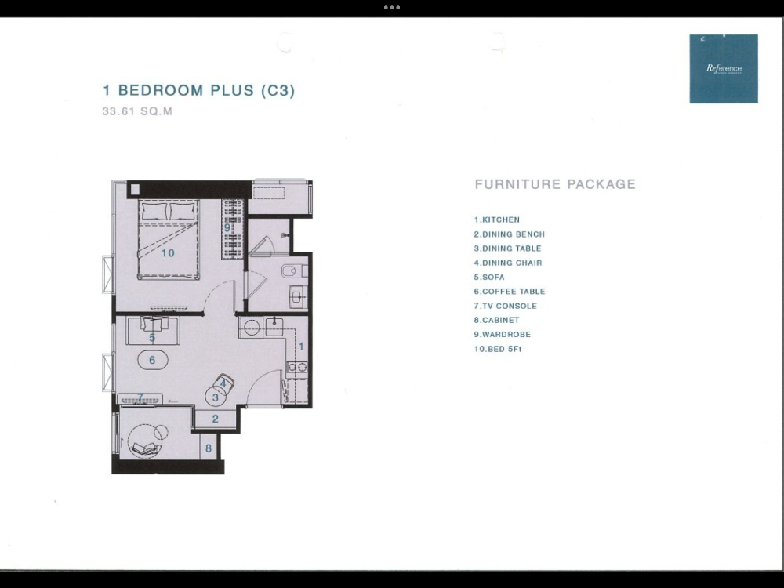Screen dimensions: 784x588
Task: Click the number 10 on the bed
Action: tap(168, 253)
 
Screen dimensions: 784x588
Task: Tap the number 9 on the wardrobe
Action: tap(227, 228)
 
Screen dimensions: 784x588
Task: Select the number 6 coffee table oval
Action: tap(153, 360)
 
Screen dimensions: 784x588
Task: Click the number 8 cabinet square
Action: tap(209, 447)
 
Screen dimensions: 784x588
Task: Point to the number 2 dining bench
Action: tap(215, 419)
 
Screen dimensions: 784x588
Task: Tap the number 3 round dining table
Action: tap(216, 397)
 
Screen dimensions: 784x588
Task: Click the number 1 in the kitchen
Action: tap(301, 347)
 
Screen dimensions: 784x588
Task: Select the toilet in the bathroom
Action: tap(294, 271)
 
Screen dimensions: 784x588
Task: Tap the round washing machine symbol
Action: tap(251, 328)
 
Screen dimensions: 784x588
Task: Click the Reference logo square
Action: tap(724, 68)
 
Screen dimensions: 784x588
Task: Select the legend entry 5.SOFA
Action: tap(489, 277)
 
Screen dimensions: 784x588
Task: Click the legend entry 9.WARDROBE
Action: tap(502, 335)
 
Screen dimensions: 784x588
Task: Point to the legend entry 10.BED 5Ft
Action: tap(498, 349)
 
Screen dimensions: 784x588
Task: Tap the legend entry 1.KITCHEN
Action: tap(497, 220)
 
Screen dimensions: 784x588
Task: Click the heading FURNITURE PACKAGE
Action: tap(555, 184)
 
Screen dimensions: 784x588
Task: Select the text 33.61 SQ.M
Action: tap(137, 111)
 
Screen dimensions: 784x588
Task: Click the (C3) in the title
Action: tap(278, 90)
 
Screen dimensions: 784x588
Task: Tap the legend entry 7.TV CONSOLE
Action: tap(505, 306)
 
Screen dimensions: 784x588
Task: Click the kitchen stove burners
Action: tap(297, 368)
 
